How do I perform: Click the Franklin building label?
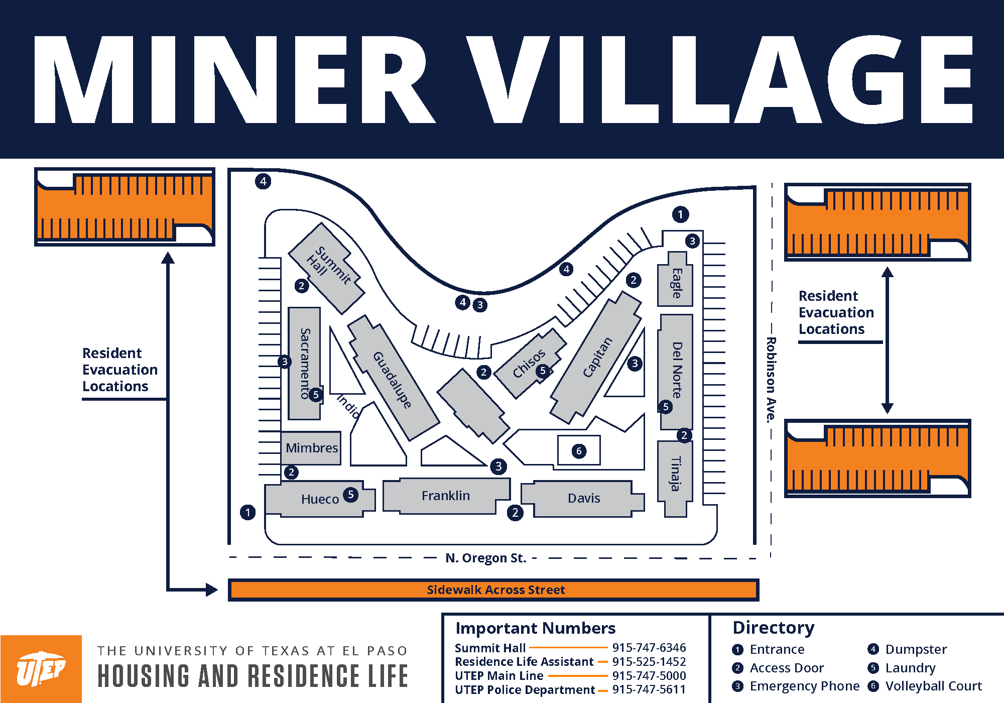point(446,496)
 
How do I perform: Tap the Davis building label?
point(584,498)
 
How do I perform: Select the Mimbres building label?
point(312,447)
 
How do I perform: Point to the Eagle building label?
point(677,283)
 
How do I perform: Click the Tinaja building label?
point(676,473)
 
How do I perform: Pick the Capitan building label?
point(597,357)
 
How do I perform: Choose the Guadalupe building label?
point(393,380)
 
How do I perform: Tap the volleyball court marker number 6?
point(579,451)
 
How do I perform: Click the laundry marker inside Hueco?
point(350,495)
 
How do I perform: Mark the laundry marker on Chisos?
point(542,371)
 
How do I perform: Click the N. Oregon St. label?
point(485,558)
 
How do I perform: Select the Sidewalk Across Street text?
point(495,590)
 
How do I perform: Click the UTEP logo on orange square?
point(41,669)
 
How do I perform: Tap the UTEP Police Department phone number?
point(649,689)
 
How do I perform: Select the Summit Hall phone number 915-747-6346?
point(649,648)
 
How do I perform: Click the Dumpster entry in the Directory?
point(916,649)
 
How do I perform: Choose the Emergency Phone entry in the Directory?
point(804,686)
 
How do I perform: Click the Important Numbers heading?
point(535,628)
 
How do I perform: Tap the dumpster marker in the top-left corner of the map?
point(263,181)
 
